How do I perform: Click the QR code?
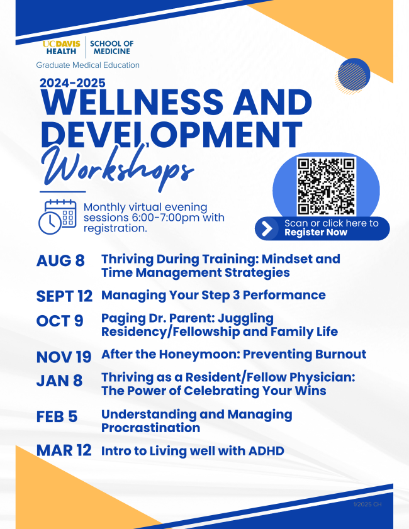click(x=327, y=186)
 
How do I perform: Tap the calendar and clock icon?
click(x=57, y=216)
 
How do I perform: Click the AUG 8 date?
click(x=60, y=260)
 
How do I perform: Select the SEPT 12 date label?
click(x=64, y=296)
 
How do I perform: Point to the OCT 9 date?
click(x=60, y=321)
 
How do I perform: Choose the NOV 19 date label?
click(x=64, y=357)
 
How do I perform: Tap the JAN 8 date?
click(x=59, y=381)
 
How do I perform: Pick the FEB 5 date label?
click(x=57, y=416)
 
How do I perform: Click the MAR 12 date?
click(x=64, y=450)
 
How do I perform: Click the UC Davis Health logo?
click(x=62, y=48)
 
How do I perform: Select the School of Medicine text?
click(x=112, y=48)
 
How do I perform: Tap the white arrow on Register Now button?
click(x=267, y=228)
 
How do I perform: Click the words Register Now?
click(x=316, y=233)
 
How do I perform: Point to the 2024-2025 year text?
click(x=72, y=83)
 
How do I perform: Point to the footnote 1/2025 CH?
click(x=367, y=504)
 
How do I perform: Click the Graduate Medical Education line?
click(x=87, y=65)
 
